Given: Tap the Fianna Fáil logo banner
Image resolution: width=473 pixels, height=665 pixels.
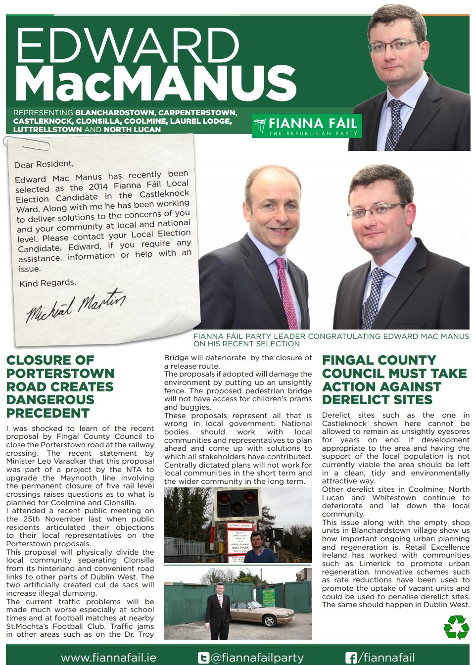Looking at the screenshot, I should pos(306,126).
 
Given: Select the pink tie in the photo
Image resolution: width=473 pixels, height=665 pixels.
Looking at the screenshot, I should pos(287,292).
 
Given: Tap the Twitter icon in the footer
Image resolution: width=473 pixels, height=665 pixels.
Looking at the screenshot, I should pos(203,658).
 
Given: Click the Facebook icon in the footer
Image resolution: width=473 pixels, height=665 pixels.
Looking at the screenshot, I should pos(351,658).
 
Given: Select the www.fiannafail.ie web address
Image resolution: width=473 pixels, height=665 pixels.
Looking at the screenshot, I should pos(108,658).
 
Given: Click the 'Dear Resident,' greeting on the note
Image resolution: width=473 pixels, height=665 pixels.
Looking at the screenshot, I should pos(44,164).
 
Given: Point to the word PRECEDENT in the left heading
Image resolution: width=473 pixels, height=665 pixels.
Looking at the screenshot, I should pos(48,413).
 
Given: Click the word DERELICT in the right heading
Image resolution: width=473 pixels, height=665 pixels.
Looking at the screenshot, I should pos(353,400).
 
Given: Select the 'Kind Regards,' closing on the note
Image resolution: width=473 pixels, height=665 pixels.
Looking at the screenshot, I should pos(48,283).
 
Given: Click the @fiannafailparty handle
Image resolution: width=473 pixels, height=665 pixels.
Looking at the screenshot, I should pos(257,658).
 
